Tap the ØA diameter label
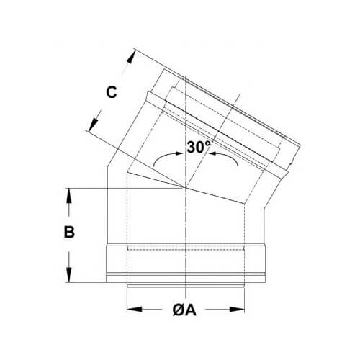click(184, 310)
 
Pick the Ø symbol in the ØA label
click(177, 310)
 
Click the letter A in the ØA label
click(191, 310)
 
